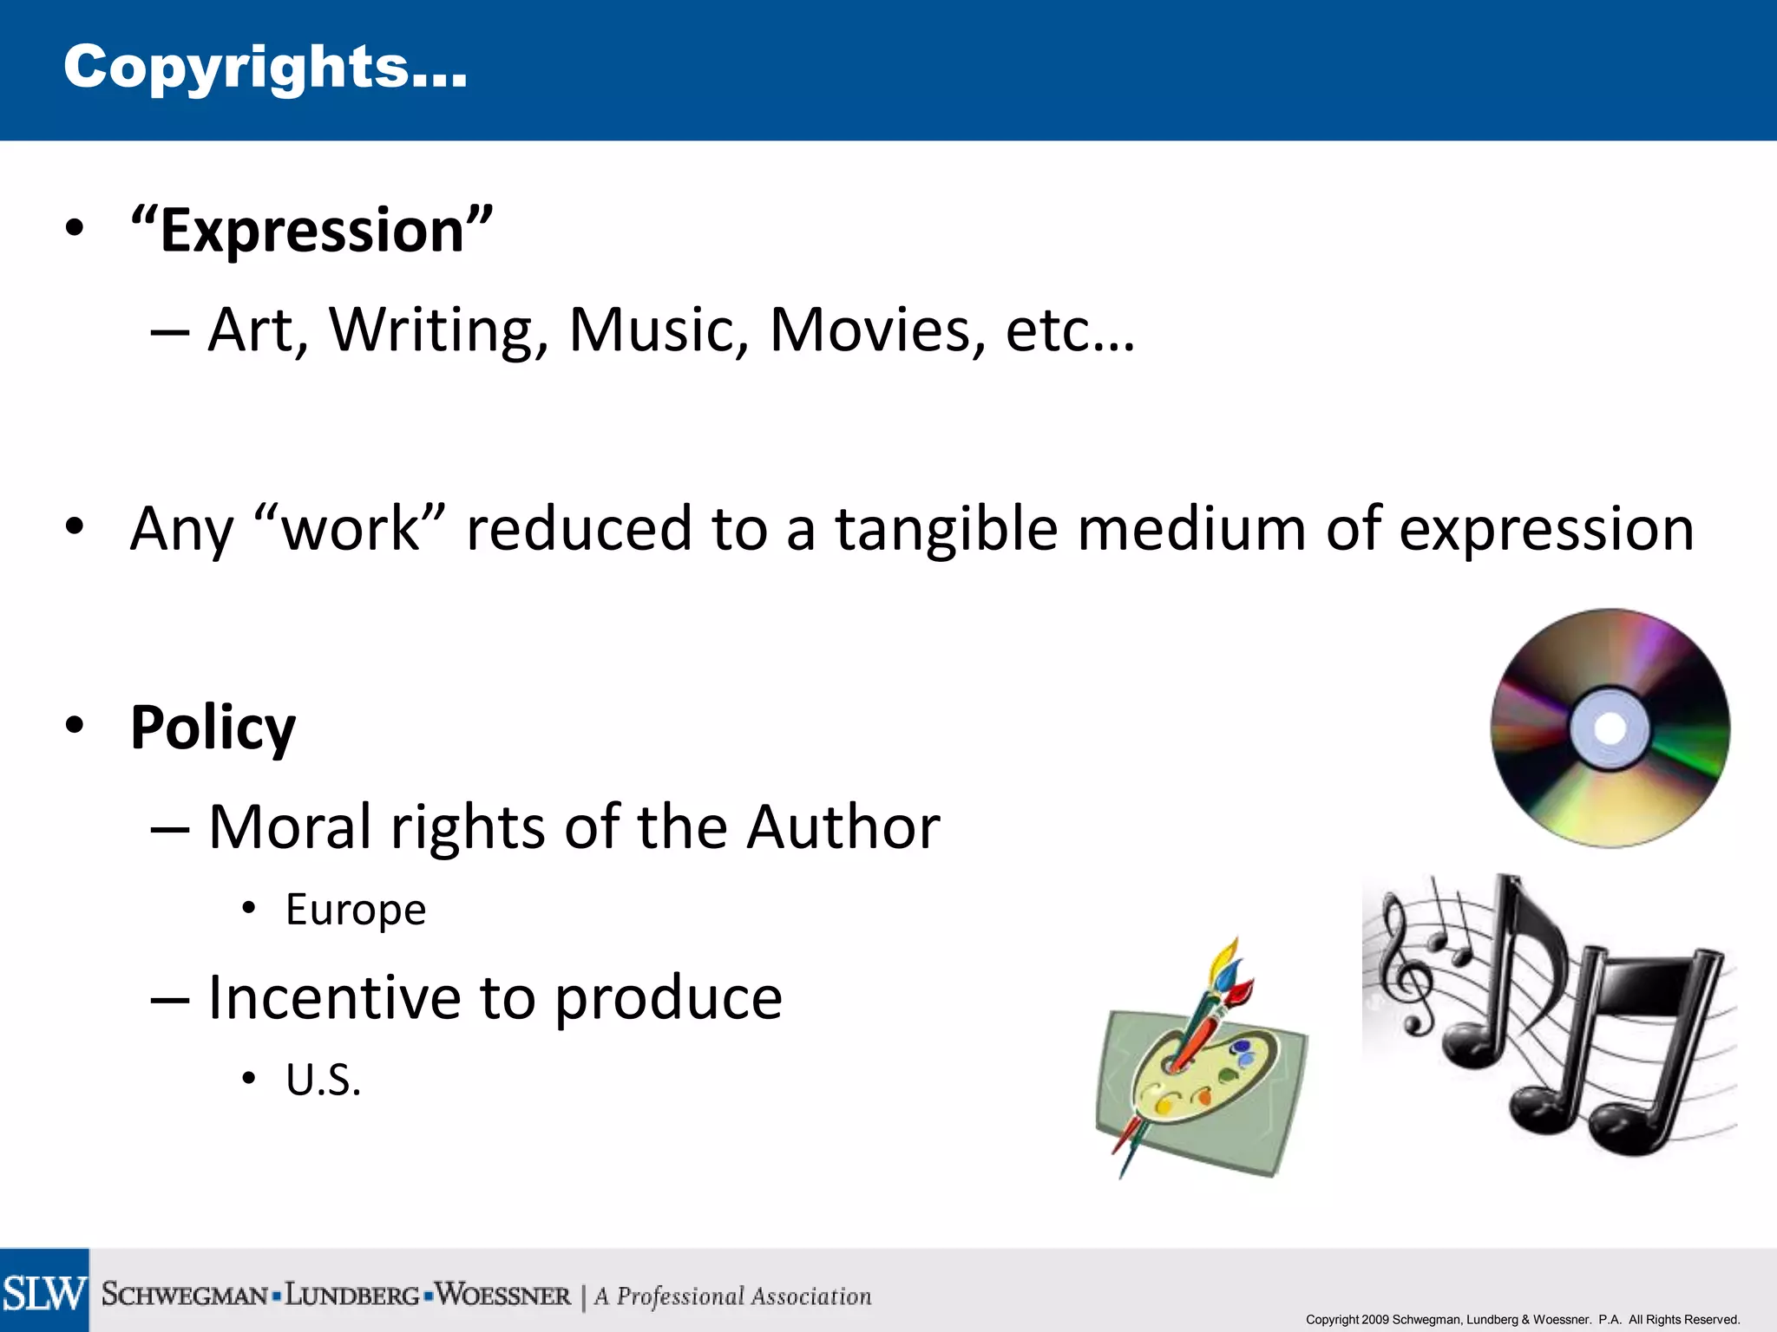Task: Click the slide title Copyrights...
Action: tap(265, 68)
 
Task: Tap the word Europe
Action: tap(356, 910)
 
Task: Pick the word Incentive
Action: tap(334, 997)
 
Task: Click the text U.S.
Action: tap(323, 1081)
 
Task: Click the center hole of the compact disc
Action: tap(1610, 728)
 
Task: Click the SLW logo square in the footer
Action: tap(44, 1291)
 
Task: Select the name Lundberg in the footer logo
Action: tap(352, 1296)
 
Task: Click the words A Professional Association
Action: tap(733, 1296)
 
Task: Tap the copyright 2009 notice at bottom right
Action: tap(1522, 1320)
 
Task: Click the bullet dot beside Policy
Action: tap(75, 725)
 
